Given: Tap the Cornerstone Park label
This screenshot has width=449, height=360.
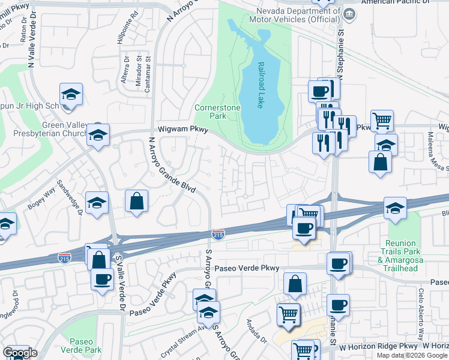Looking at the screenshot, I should pyautogui.click(x=209, y=112).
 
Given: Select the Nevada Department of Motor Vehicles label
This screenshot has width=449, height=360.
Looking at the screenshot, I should pyautogui.click(x=298, y=15).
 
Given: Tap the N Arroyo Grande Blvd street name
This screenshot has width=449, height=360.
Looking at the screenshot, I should pyautogui.click(x=172, y=165).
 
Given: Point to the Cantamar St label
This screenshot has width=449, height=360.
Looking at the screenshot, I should pyautogui.click(x=147, y=75).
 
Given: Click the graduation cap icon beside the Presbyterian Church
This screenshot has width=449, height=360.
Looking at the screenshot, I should pyautogui.click(x=98, y=136).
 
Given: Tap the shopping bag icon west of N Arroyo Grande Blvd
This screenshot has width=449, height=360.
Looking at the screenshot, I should pyautogui.click(x=137, y=202).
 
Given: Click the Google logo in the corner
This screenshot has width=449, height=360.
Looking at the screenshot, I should pyautogui.click(x=20, y=353).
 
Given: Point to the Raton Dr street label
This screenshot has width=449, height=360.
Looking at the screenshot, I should pyautogui.click(x=23, y=37).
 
